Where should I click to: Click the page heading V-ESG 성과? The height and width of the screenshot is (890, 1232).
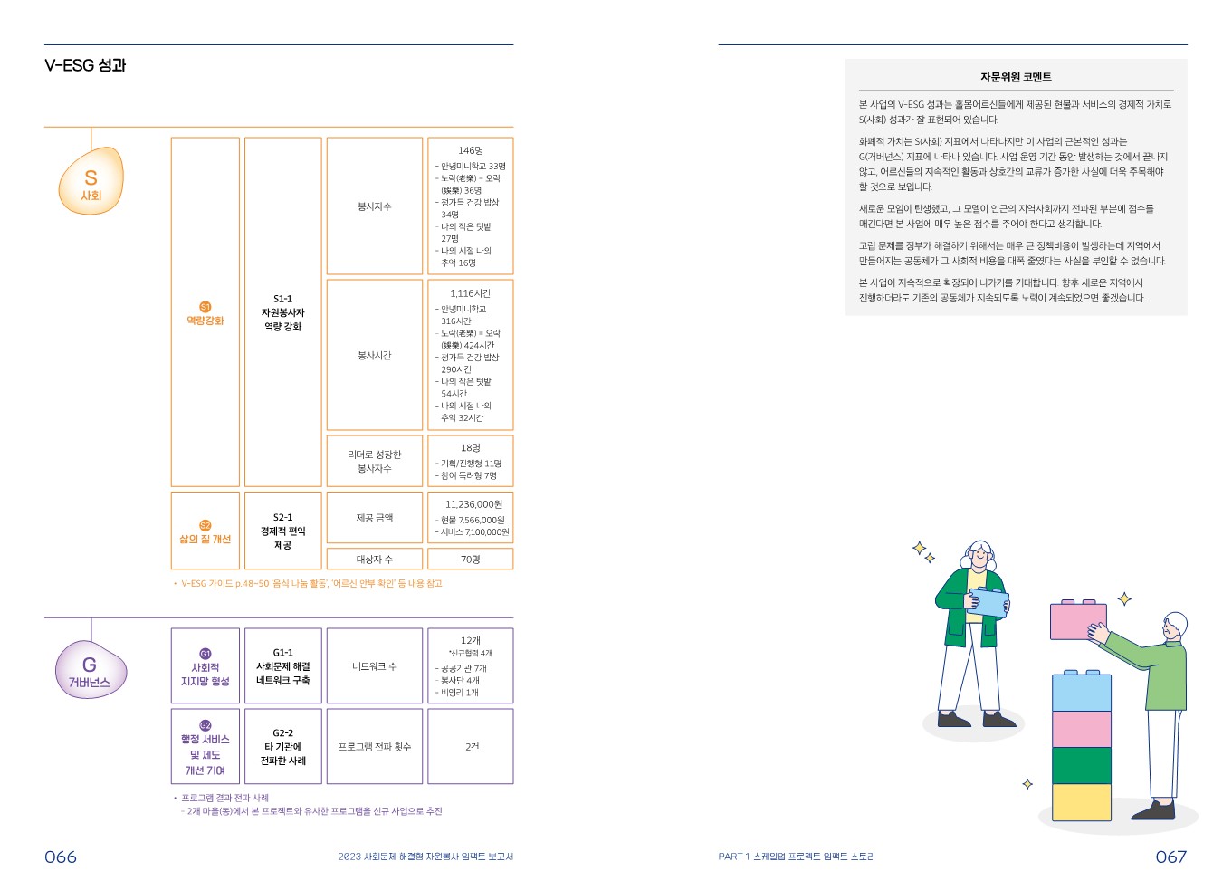pyautogui.click(x=85, y=65)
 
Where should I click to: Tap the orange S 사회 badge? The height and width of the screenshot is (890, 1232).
pyautogui.click(x=91, y=182)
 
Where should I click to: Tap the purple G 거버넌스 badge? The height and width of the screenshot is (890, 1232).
pyautogui.click(x=90, y=671)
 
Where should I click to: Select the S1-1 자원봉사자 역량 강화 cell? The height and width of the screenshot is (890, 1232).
pyautogui.click(x=282, y=312)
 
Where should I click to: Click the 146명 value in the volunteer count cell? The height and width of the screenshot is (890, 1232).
pyautogui.click(x=470, y=150)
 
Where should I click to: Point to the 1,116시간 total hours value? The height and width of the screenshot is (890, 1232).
pyautogui.click(x=470, y=293)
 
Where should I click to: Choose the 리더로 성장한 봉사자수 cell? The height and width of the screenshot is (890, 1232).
pyautogui.click(x=374, y=461)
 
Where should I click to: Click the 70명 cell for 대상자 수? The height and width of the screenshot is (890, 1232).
pyautogui.click(x=470, y=560)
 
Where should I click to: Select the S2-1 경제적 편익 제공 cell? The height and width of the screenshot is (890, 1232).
pyautogui.click(x=282, y=531)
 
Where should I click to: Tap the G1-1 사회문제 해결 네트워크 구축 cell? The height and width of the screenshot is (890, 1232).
pyautogui.click(x=282, y=666)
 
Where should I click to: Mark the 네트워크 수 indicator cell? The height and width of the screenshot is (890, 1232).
pyautogui.click(x=374, y=666)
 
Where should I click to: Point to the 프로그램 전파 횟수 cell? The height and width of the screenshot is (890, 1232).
pyautogui.click(x=374, y=747)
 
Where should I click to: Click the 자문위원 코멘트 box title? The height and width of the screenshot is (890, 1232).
pyautogui.click(x=1016, y=77)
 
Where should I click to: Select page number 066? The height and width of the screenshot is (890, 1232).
pyautogui.click(x=61, y=857)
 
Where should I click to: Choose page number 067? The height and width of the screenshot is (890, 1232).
pyautogui.click(x=1170, y=857)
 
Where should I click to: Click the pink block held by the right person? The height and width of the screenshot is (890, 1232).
pyautogui.click(x=1077, y=621)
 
